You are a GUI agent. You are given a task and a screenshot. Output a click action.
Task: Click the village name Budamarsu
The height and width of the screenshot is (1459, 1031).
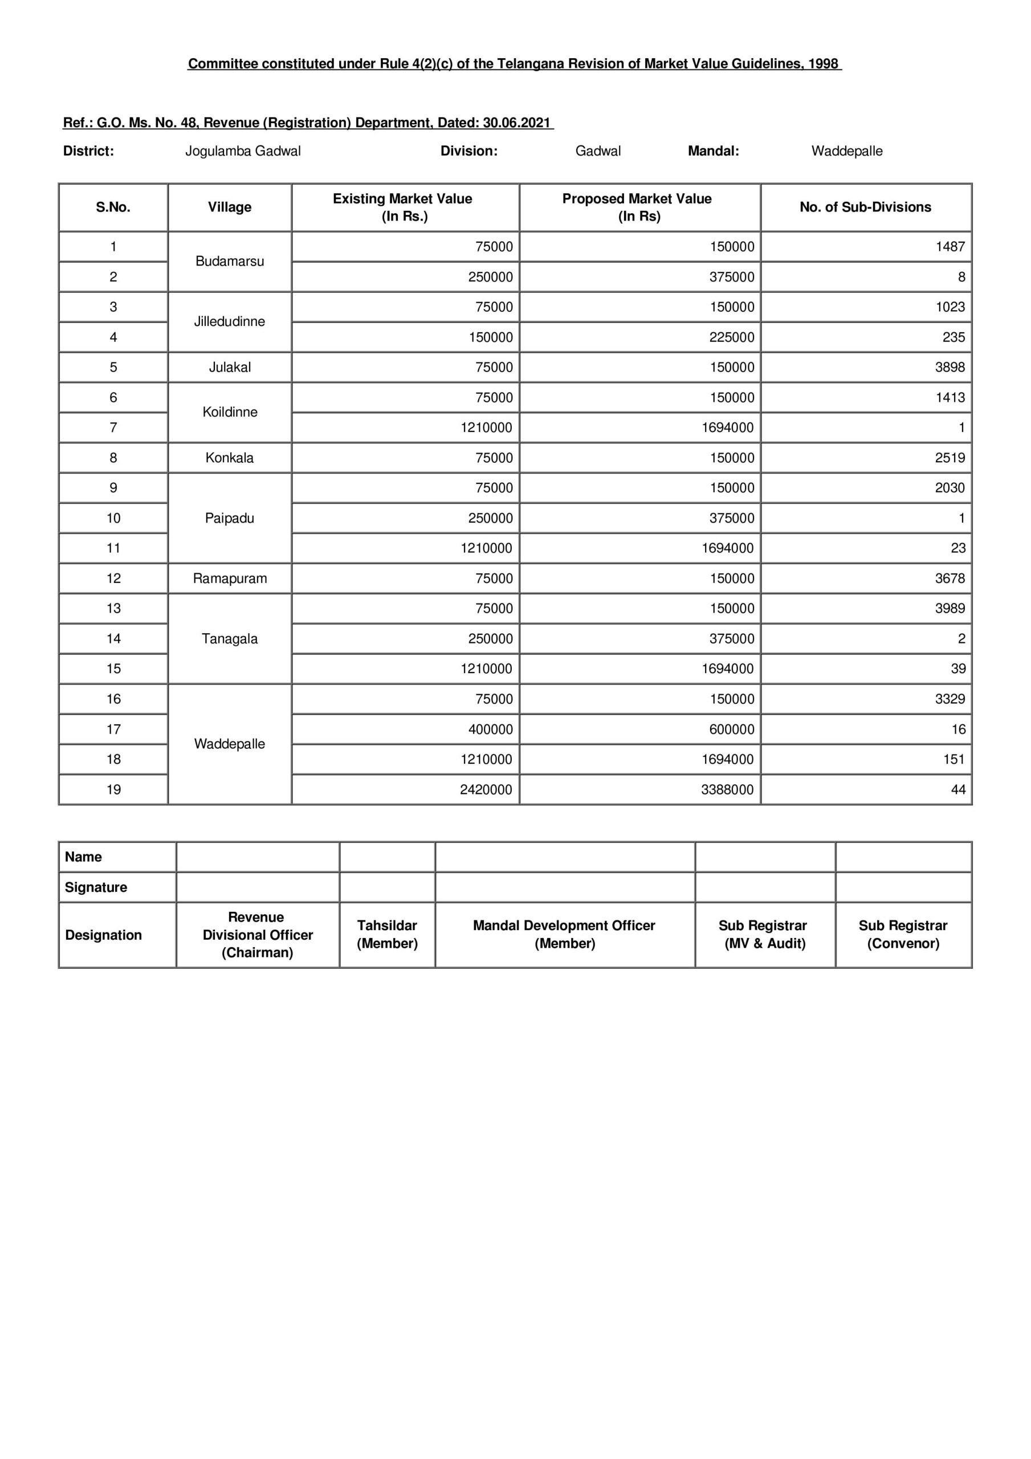[x=230, y=261]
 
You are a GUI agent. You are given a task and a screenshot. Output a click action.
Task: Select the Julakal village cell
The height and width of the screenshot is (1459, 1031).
[x=230, y=367]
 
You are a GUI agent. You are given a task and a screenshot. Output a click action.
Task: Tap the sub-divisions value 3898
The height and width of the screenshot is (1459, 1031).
[x=949, y=367]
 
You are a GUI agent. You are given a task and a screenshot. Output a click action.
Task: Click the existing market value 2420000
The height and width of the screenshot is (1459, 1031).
[x=486, y=789]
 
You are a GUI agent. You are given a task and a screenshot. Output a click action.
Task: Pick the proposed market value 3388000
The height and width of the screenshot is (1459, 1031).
[x=727, y=789]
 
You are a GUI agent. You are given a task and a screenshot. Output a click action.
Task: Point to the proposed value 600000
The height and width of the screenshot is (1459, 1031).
[x=732, y=729]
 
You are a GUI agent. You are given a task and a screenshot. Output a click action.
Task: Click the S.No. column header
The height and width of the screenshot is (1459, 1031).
[x=113, y=207]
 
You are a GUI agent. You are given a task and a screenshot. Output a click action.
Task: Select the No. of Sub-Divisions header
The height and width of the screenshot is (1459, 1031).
[x=865, y=207]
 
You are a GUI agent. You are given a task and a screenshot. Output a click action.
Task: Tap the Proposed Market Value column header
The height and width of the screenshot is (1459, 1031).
[x=637, y=207]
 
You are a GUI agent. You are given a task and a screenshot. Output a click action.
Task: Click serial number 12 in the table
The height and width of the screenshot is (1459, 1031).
[x=113, y=578]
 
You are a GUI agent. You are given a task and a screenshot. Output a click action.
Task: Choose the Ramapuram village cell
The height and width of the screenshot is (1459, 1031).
[x=230, y=578]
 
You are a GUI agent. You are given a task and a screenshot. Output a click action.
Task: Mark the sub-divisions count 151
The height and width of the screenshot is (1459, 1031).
[x=953, y=759]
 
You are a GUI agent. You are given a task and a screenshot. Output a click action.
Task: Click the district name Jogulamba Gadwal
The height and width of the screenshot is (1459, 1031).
[x=243, y=151]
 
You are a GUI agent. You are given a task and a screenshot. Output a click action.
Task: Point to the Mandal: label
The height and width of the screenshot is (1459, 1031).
[x=713, y=151]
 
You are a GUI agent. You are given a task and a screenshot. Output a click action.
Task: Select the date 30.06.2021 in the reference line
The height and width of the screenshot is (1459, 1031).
[x=516, y=123]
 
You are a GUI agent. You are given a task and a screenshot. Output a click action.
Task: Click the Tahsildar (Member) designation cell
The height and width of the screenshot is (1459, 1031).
[x=387, y=934]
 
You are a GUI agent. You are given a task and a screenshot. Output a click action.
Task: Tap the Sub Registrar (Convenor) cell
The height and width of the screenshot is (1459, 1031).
[x=903, y=934]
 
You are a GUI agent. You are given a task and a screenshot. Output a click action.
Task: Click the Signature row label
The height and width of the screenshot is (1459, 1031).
[x=96, y=887]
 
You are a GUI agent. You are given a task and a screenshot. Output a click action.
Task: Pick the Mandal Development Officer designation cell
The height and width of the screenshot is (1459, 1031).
[x=564, y=934]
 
